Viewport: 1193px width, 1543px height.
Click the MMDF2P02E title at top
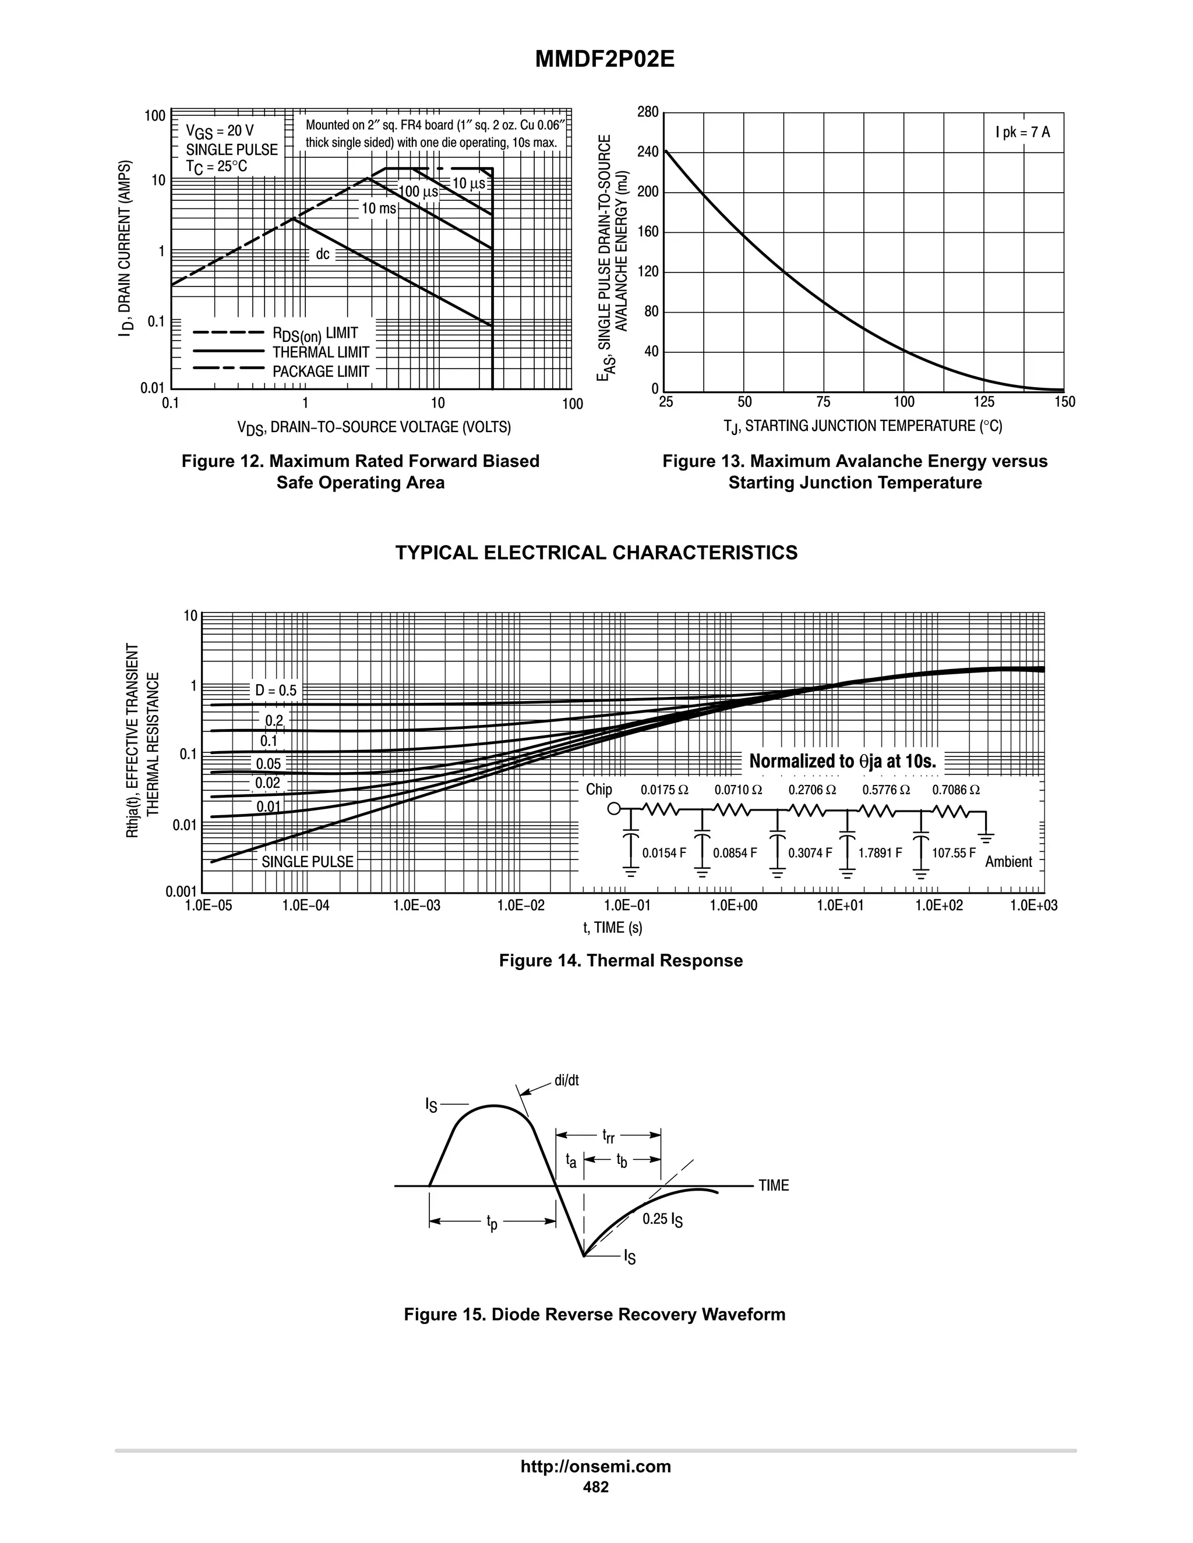tap(604, 59)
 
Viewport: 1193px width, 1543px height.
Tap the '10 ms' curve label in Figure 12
tap(379, 208)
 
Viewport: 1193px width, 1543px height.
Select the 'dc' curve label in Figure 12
tap(322, 254)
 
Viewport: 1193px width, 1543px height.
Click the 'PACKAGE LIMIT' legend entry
tap(321, 371)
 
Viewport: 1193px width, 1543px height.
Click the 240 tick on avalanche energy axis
tap(647, 152)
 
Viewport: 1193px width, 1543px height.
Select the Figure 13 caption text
tap(855, 472)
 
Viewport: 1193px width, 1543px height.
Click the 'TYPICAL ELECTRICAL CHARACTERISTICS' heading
tap(596, 553)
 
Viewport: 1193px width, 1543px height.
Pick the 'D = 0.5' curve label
tap(276, 690)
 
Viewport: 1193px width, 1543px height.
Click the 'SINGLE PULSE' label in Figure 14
tap(308, 862)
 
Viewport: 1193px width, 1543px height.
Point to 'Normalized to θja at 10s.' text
tap(842, 762)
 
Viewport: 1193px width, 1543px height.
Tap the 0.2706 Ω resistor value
tap(812, 790)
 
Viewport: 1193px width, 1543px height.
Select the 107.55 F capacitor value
tap(954, 854)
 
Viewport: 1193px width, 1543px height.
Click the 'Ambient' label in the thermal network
tap(1008, 862)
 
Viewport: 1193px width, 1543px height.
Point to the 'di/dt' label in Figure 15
tap(566, 1081)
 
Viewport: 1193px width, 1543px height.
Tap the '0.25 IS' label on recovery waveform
tap(662, 1219)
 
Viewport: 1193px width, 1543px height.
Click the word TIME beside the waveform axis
tap(774, 1185)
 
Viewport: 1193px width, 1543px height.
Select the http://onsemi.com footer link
tap(596, 1467)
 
